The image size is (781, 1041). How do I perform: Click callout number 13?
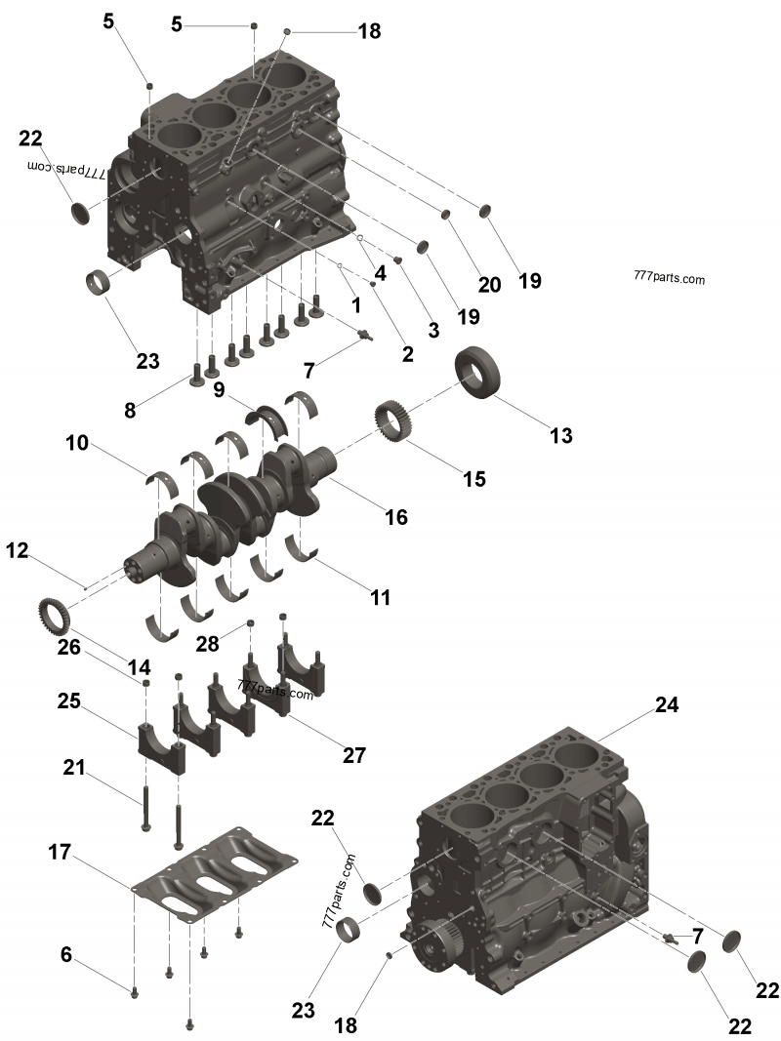pos(561,435)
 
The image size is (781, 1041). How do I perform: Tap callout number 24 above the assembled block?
pos(667,704)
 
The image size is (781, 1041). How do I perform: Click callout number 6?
pos(66,954)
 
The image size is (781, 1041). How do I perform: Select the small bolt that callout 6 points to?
pos(135,993)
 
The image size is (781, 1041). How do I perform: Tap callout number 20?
pos(489,284)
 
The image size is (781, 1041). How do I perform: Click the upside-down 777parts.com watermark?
pos(67,169)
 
